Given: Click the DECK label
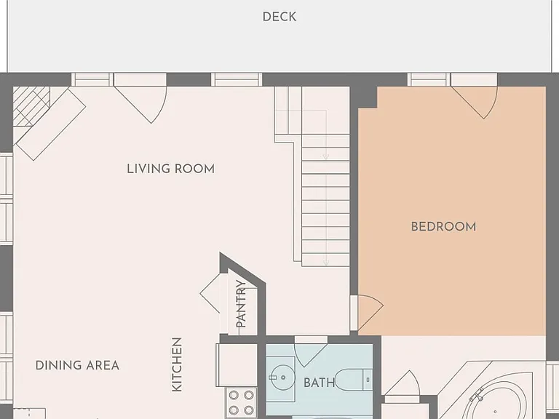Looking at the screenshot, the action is pos(279,17).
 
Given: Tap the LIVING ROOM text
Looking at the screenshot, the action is pos(171,169).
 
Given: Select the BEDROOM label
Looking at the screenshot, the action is pos(443,227).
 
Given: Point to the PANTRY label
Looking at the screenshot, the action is pos(242,304).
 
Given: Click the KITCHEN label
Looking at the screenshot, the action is pos(177,364).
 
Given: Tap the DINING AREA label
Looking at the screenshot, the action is pos(77,365).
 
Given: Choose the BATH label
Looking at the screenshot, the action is pos(319,383).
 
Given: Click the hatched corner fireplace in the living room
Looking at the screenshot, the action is pos(31,106).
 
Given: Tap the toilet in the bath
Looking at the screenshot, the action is pos(354,380).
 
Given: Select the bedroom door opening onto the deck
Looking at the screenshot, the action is pos(475,100).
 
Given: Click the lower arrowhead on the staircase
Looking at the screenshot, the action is pos(325,263).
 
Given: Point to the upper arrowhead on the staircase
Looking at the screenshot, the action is pos(325,157).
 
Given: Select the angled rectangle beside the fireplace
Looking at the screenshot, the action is pos(51,124).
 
